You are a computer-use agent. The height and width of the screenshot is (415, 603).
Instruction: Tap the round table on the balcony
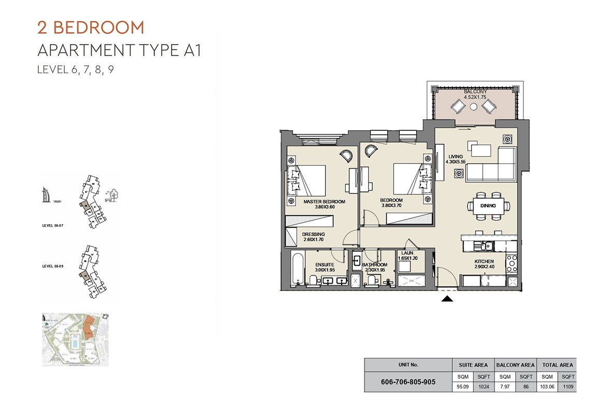[x=474, y=107]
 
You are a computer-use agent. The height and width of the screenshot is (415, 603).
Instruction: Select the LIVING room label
[x=455, y=157]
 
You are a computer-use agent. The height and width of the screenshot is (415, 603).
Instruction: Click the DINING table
[x=487, y=206]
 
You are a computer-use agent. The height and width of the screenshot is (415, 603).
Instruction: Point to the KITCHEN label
[x=484, y=262]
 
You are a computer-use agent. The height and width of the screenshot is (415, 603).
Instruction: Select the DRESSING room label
[x=314, y=234]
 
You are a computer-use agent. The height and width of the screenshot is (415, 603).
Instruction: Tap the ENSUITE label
[x=325, y=265]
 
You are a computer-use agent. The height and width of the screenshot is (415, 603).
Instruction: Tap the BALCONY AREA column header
[x=515, y=365]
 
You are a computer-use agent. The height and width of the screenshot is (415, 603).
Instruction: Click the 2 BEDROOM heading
[x=91, y=27]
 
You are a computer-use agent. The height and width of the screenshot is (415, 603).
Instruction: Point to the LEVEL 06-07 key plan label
[x=53, y=226]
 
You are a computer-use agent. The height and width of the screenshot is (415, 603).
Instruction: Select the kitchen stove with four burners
[x=511, y=264]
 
